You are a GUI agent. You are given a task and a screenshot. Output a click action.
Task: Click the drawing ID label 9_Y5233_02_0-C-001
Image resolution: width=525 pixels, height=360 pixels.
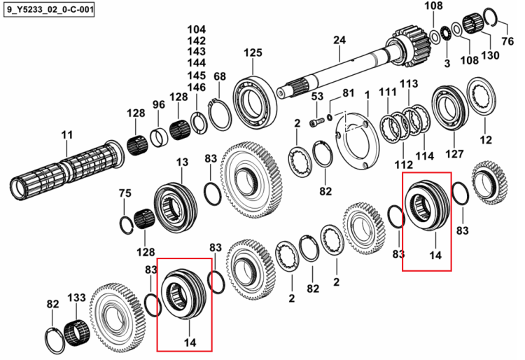pos(50,9)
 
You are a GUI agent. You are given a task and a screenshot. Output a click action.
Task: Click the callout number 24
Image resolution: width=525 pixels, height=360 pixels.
pos(339,40)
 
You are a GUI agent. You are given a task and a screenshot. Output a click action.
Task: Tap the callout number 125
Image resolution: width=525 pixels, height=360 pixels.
pos(253,53)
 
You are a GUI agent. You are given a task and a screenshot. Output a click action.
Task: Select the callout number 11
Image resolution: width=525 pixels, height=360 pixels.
pos(67,135)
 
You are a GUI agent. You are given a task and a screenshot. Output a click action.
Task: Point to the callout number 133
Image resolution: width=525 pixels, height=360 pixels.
pos(77,298)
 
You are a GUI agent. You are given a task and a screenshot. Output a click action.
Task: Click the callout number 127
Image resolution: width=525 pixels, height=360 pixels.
pos(454,153)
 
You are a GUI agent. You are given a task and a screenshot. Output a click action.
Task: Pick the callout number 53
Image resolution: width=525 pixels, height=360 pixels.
pos(317,97)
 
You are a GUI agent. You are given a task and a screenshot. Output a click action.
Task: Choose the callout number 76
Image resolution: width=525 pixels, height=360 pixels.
pos(507,41)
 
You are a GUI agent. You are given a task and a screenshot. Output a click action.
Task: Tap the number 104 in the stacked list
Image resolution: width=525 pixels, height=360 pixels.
pos(197,29)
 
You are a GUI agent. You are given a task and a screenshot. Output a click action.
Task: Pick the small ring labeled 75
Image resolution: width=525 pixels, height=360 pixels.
pos(127,225)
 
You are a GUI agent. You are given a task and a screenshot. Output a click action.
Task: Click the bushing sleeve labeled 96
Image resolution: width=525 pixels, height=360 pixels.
pos(159,137)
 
